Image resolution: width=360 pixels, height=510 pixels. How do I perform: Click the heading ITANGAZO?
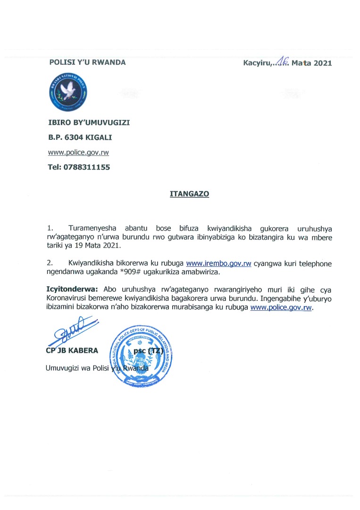pyautogui.click(x=189, y=194)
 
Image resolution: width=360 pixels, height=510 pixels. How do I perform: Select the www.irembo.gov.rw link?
pyautogui.click(x=218, y=264)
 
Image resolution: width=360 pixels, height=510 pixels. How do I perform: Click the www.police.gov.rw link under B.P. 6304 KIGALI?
pyautogui.click(x=79, y=153)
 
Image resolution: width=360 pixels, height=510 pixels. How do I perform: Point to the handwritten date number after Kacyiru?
pyautogui.click(x=283, y=60)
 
